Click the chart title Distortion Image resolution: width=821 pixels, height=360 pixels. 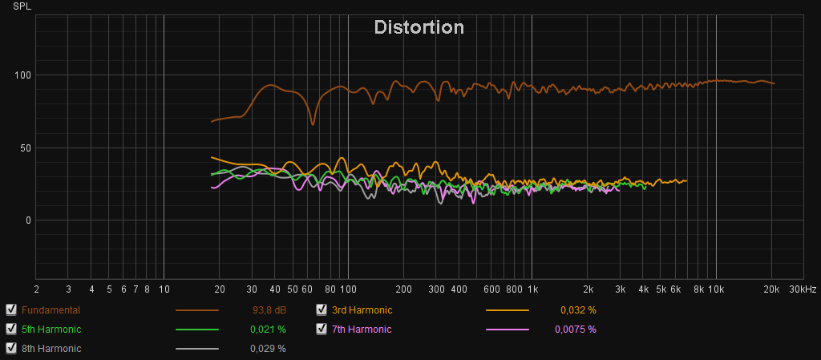click(419, 27)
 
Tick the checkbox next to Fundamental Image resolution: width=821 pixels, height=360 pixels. click(11, 309)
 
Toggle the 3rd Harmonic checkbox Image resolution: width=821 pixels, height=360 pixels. click(322, 309)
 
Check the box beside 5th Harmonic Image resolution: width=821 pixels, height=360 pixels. click(11, 329)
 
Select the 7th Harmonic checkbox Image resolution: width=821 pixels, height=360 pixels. click(322, 329)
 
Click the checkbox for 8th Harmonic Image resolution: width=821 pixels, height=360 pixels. click(11, 348)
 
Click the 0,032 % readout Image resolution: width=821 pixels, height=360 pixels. click(578, 309)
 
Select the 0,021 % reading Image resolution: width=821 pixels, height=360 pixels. click(270, 329)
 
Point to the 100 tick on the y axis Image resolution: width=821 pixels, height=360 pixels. click(21, 75)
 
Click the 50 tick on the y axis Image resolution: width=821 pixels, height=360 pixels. click(23, 148)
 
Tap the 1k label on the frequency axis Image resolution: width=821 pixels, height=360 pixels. click(532, 289)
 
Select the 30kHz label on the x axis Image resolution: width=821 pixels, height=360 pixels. click(803, 289)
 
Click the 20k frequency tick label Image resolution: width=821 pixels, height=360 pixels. click(772, 289)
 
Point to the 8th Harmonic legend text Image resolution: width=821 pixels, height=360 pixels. click(51, 348)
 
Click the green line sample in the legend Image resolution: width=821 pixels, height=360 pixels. click(197, 329)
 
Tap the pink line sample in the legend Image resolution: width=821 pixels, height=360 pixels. click(508, 329)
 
